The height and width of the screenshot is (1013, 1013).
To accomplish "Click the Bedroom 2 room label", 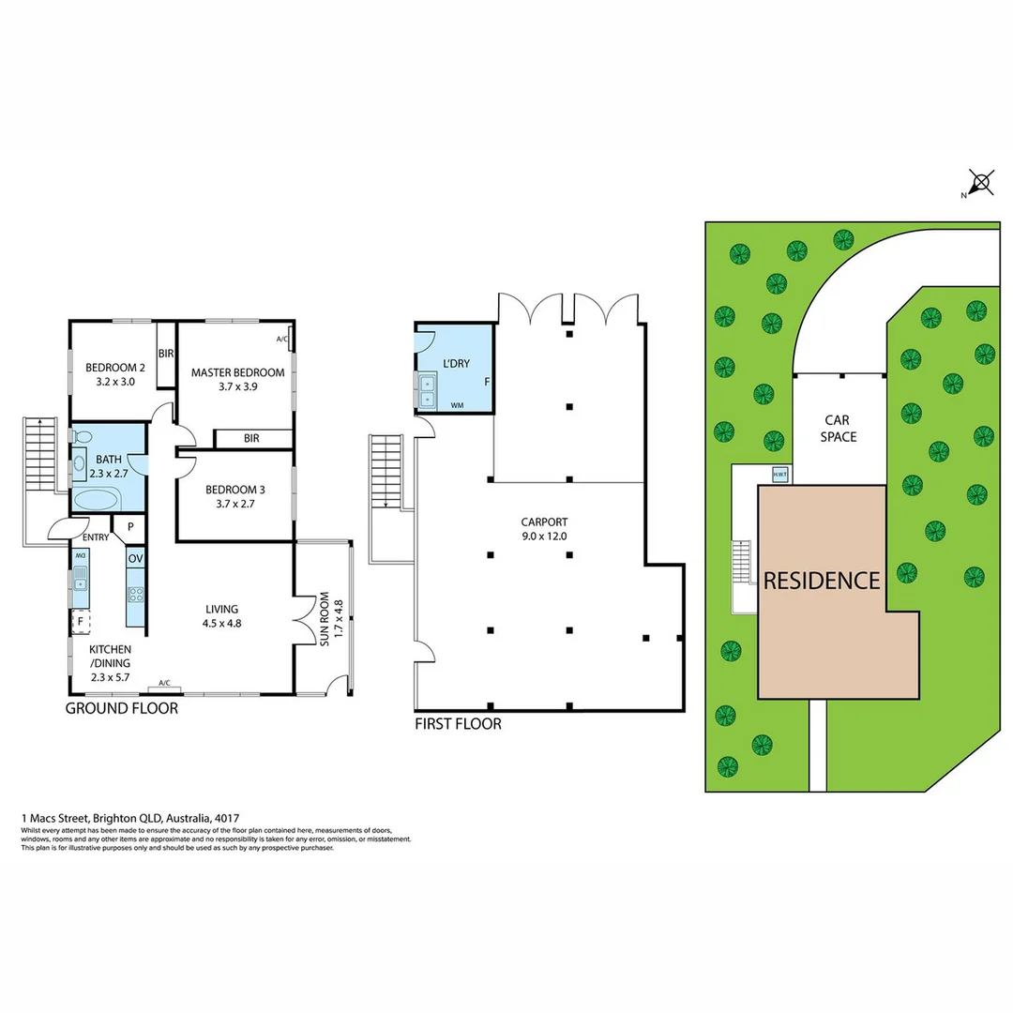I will [x=116, y=374].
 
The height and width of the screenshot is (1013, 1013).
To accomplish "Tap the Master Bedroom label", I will [x=237, y=379].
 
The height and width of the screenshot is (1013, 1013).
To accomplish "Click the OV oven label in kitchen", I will [x=136, y=559].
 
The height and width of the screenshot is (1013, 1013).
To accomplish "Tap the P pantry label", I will [x=129, y=527].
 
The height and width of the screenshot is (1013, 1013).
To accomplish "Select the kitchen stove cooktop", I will [x=135, y=594].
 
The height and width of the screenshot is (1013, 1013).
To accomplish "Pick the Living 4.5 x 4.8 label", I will [x=223, y=615].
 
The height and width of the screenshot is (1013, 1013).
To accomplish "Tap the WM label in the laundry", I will [x=457, y=405].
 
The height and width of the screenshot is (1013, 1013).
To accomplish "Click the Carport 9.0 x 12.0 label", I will [x=545, y=529].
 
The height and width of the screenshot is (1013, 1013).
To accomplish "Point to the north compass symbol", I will [x=981, y=182].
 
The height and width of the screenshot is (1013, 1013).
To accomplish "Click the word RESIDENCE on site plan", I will [x=822, y=581].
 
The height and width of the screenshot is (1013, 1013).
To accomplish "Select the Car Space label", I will [x=838, y=430].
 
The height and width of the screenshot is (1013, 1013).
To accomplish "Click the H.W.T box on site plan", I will [x=779, y=475].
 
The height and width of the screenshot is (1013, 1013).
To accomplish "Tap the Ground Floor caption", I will [x=121, y=709].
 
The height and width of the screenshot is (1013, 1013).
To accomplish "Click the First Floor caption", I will [x=458, y=724].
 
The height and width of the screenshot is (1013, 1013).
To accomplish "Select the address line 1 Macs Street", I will [x=137, y=818].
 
